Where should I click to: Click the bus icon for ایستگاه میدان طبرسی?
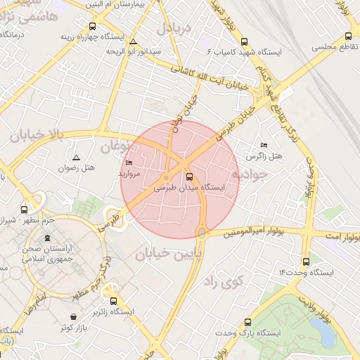[x=189, y=176]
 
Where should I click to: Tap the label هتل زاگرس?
[x=264, y=155]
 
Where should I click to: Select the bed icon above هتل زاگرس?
[x=264, y=144]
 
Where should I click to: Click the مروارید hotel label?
[x=130, y=173]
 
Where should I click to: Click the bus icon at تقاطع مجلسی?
[x=348, y=36]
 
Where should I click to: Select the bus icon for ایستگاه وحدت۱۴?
[x=304, y=262]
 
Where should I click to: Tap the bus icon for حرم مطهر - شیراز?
[x=25, y=210]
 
